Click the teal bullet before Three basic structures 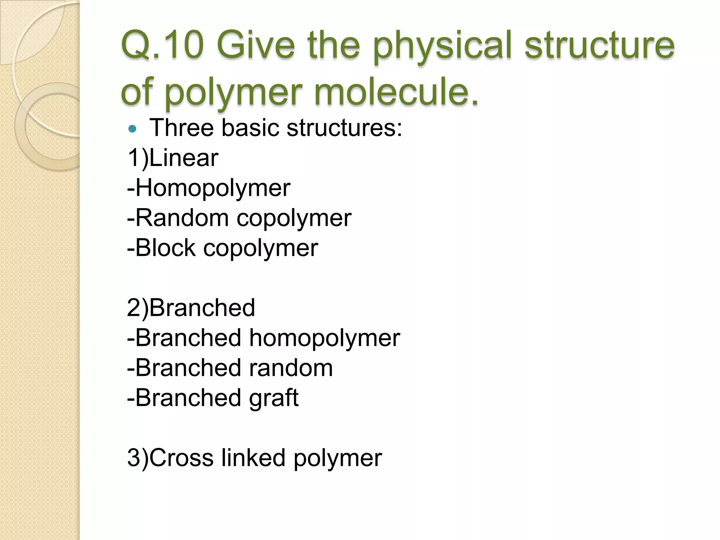click(132, 129)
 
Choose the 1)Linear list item click(173, 157)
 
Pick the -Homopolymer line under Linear click(209, 188)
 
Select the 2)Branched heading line click(191, 308)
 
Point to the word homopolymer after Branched click(324, 338)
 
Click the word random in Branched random click(291, 368)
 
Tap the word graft click(274, 398)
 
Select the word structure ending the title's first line click(599, 45)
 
